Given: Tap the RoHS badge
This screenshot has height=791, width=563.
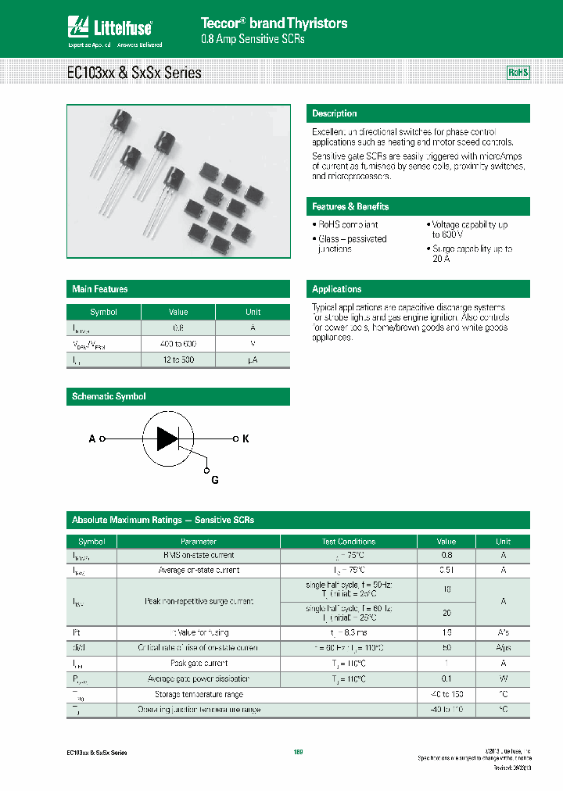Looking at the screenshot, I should (x=518, y=73).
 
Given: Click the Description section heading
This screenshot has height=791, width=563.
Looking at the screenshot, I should (x=335, y=113).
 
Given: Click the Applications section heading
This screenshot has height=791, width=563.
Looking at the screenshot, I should (x=337, y=289).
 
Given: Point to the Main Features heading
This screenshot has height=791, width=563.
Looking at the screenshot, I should (x=100, y=289).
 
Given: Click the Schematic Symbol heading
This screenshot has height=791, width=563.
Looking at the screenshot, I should (x=109, y=396).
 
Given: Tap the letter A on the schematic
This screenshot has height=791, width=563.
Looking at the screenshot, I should (x=92, y=439).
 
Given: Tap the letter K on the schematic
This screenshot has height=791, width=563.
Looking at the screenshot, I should (x=245, y=439).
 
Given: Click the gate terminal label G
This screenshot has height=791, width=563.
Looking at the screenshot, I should (x=215, y=480).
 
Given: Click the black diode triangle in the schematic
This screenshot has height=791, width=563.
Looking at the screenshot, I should (x=167, y=439).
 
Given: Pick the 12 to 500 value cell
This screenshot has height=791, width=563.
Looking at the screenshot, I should (x=179, y=360).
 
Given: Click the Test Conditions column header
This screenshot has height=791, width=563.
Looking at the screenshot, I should (x=348, y=541).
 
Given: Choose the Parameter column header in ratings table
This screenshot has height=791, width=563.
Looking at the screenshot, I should (x=198, y=541).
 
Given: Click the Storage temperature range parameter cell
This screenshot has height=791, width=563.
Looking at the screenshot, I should (x=198, y=694).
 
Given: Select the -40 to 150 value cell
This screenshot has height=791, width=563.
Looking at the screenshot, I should (x=446, y=694).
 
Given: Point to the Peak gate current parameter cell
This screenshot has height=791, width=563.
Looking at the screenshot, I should (x=198, y=664).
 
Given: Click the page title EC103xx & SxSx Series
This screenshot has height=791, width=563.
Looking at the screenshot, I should (x=134, y=73).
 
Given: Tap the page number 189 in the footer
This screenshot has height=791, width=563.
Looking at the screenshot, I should (x=298, y=752).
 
